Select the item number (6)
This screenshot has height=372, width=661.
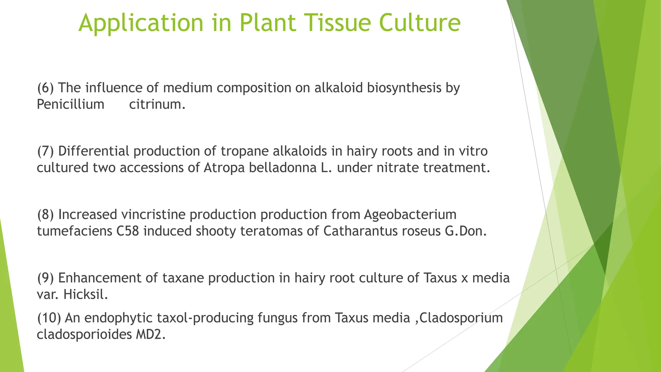pos(46,88)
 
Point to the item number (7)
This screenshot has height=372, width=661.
pos(46,151)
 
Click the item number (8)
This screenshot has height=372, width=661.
pos(46,215)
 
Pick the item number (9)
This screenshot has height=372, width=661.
pos(46,278)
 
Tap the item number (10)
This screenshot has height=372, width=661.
pos(49,318)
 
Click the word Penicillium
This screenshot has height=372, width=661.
pos(70,104)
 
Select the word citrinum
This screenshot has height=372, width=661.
pos(157,104)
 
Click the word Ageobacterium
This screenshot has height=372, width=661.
pos(410,215)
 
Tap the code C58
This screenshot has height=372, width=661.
pos(127,231)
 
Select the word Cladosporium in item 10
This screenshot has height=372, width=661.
pos(461,318)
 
